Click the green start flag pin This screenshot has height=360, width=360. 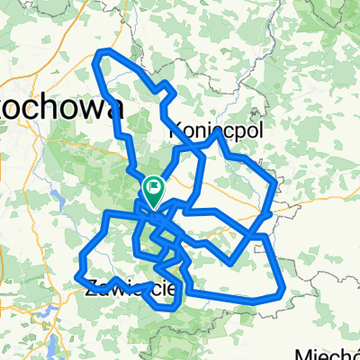152,189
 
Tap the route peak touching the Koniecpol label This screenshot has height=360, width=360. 217,133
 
